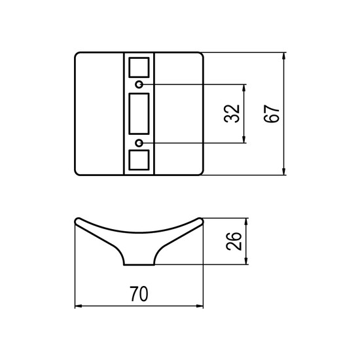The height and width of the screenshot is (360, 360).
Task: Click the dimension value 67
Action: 272,114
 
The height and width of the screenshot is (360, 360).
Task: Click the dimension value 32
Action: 232,114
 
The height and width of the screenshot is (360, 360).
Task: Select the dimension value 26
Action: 234,241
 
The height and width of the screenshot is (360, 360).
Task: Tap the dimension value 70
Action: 139,294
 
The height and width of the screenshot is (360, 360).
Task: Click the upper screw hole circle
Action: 139,84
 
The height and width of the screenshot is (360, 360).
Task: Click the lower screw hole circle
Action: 139,143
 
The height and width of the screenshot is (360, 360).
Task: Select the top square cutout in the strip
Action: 139,67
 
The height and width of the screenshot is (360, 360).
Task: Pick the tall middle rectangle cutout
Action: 139,114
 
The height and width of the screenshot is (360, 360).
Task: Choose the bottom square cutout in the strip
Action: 139,160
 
